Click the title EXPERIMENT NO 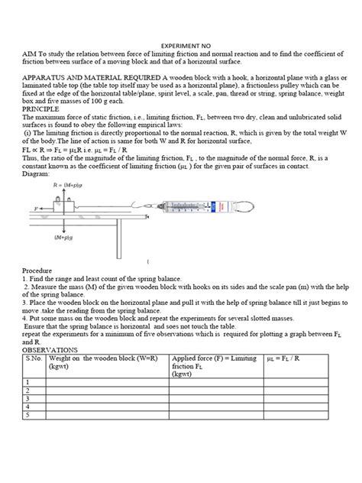[181, 46]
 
